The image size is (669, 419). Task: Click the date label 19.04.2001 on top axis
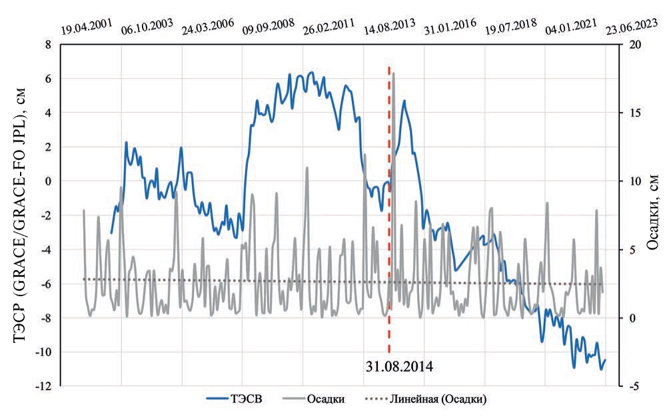87,29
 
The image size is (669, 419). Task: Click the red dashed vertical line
388,200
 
